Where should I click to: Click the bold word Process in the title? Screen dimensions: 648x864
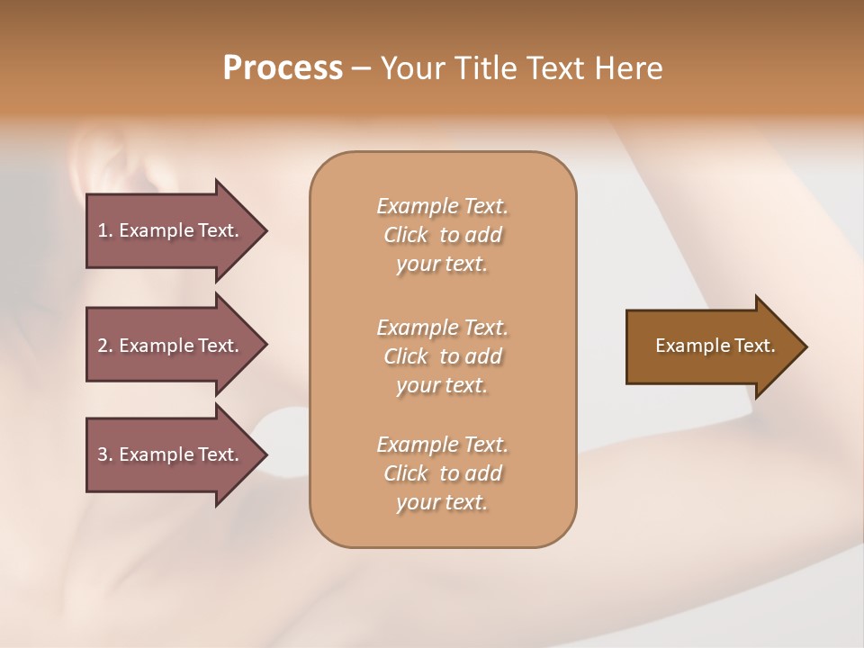click(x=283, y=68)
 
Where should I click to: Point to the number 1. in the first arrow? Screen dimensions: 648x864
click(x=105, y=230)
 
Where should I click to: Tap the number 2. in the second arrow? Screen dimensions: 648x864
click(x=105, y=346)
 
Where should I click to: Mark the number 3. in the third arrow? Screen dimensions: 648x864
click(x=105, y=454)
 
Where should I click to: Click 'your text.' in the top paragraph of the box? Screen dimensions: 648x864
click(x=442, y=265)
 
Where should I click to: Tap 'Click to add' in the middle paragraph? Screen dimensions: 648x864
click(x=442, y=356)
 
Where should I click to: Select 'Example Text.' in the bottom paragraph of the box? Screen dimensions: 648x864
click(x=442, y=445)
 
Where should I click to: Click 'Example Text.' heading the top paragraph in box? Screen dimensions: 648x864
click(x=442, y=206)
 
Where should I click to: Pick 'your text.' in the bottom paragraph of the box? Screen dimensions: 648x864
click(x=442, y=503)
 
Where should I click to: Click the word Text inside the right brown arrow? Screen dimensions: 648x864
click(x=754, y=346)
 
